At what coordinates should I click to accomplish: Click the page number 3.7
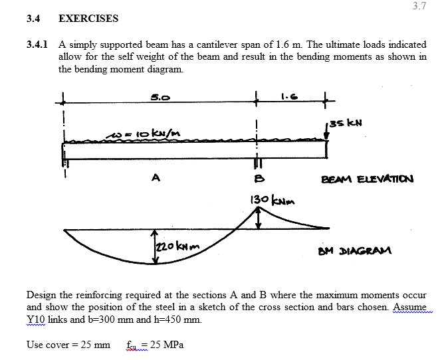tap(419, 7)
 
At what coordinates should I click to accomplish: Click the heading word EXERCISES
tap(88, 19)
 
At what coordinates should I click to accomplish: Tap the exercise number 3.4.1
tap(37, 45)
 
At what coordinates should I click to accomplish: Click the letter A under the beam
tap(157, 177)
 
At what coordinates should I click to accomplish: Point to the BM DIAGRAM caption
tap(356, 251)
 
